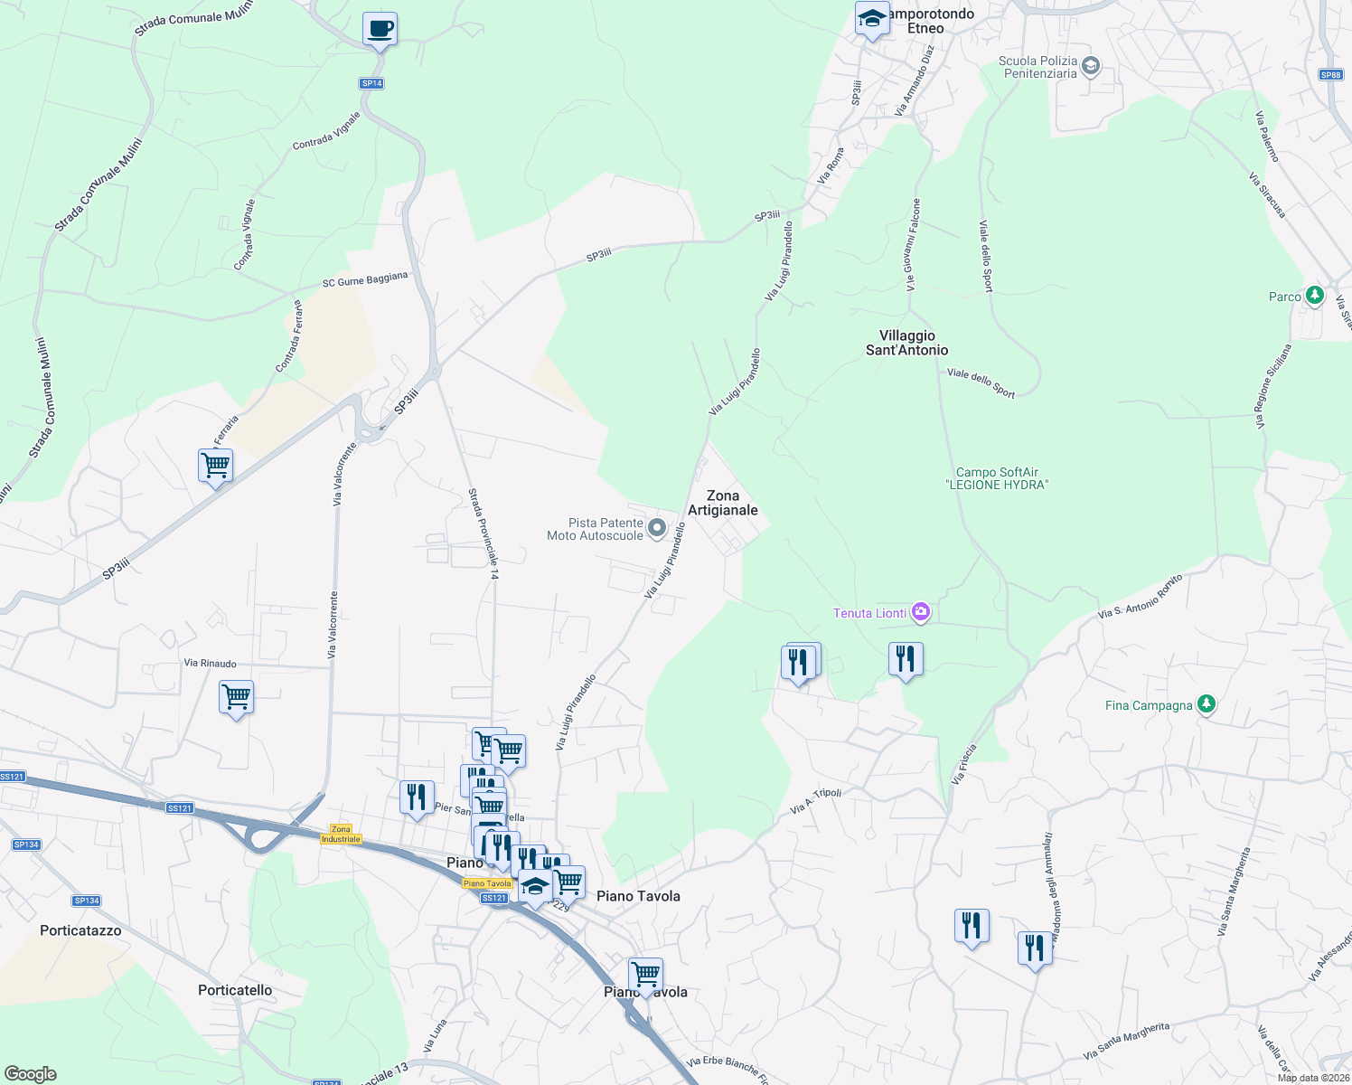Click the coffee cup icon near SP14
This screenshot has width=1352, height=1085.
click(380, 29)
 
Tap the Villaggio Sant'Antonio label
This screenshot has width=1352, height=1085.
click(906, 343)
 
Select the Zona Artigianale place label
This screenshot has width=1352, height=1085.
click(723, 503)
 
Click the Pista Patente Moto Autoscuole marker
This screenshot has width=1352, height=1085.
click(657, 528)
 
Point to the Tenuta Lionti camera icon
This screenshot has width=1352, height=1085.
click(921, 613)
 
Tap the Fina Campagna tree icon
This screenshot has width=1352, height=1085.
click(1206, 704)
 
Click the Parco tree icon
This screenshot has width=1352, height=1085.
click(1314, 296)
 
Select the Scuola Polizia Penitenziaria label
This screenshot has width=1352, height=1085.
click(1037, 67)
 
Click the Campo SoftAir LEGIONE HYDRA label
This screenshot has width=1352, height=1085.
click(997, 478)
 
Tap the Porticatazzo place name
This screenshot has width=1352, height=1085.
click(80, 930)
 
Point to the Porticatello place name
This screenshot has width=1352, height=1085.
click(235, 990)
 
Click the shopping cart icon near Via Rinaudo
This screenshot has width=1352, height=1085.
click(236, 698)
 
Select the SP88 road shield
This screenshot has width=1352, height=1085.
click(1330, 75)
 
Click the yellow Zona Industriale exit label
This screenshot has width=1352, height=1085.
click(341, 834)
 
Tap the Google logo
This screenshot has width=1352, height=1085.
click(31, 1074)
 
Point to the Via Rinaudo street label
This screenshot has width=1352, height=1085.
click(210, 663)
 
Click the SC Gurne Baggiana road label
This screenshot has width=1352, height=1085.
click(365, 280)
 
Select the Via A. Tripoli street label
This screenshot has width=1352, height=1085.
click(815, 800)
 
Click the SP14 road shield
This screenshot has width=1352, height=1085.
click(371, 83)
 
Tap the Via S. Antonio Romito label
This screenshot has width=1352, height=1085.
click(1141, 597)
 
